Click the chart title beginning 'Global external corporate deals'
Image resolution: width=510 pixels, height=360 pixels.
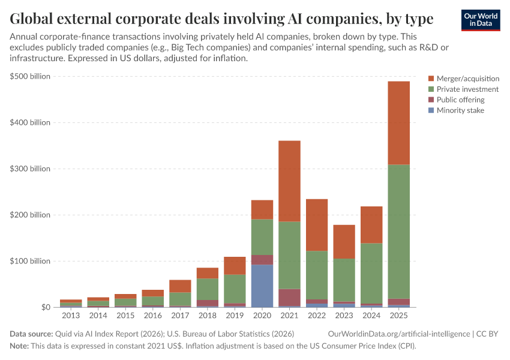221,19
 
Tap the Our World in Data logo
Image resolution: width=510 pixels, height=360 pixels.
480,20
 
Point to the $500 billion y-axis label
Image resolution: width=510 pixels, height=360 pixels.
31,76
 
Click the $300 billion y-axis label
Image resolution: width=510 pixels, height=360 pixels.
31,169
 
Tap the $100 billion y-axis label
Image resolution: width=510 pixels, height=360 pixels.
31,261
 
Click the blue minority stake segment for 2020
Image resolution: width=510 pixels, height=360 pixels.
262,286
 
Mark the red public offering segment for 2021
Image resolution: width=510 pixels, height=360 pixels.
289,297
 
